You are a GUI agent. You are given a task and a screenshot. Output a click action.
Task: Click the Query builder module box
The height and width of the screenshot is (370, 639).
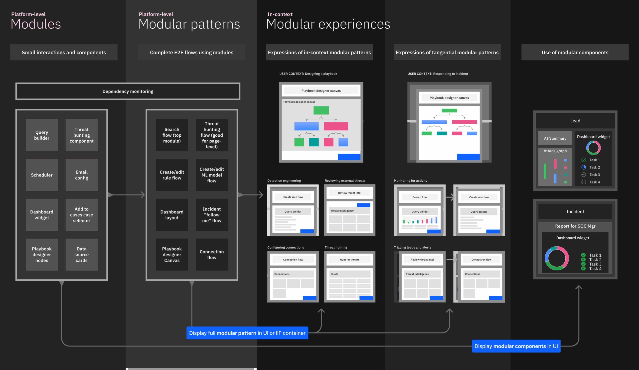pos(42,135)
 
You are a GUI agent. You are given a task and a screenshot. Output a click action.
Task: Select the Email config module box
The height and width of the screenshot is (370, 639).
pos(81,175)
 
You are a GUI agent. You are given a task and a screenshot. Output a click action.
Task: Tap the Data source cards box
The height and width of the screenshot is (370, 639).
pos(81,255)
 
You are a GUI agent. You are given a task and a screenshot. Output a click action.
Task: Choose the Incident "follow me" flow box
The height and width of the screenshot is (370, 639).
pos(211,215)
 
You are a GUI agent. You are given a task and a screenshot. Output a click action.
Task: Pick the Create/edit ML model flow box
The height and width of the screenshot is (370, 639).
pos(211,175)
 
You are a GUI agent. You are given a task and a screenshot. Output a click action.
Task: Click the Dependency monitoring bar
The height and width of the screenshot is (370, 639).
pos(128,92)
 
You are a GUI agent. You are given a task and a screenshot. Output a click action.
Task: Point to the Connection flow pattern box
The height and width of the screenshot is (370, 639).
pos(211,255)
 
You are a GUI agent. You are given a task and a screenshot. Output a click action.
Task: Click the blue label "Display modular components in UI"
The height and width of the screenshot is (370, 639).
pos(516,346)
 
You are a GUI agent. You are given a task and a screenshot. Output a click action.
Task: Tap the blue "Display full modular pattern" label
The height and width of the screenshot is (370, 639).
pos(247,333)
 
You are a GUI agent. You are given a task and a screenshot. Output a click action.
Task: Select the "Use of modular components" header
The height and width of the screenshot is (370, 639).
pos(575,52)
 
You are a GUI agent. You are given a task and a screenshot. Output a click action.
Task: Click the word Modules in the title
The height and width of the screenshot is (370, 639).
pos(36,24)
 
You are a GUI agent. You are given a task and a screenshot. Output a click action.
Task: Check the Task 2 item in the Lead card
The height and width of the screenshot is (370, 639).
pos(594,167)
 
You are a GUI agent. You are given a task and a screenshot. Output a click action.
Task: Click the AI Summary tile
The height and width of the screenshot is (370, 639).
pos(555,138)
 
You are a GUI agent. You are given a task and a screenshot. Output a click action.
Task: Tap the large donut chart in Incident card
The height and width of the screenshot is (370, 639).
pos(557,258)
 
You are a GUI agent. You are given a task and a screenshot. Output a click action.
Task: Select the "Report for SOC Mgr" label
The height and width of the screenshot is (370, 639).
pos(575,226)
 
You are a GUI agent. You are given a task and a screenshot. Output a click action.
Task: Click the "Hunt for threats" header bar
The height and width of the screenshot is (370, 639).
pos(349,260)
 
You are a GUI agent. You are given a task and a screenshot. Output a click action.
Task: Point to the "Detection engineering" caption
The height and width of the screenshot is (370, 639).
pos(284,181)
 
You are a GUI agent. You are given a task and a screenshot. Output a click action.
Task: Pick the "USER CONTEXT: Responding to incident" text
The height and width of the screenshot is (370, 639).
pos(438,74)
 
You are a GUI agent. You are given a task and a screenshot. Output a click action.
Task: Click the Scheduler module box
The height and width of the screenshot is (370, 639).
pos(42,175)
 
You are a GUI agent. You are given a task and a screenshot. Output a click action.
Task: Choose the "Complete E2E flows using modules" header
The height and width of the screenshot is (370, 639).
pos(191,52)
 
